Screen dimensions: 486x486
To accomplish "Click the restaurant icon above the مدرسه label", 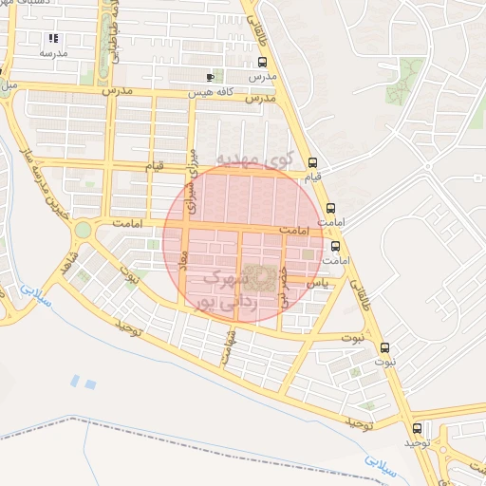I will (53, 39).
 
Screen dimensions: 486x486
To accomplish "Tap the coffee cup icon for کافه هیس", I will (210, 77).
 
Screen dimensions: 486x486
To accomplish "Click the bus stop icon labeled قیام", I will (313, 161).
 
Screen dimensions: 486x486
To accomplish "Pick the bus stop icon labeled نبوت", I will (384, 347).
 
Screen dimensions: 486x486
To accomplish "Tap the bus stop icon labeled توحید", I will (417, 428).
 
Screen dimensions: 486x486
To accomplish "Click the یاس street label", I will (320, 283).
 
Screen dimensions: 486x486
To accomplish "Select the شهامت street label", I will (227, 346).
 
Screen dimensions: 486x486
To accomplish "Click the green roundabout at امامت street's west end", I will (84, 230).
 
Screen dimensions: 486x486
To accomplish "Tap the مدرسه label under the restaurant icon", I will (53, 54).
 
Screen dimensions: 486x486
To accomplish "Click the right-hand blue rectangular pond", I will (91, 383).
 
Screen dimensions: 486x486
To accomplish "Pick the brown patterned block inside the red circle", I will (260, 278).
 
